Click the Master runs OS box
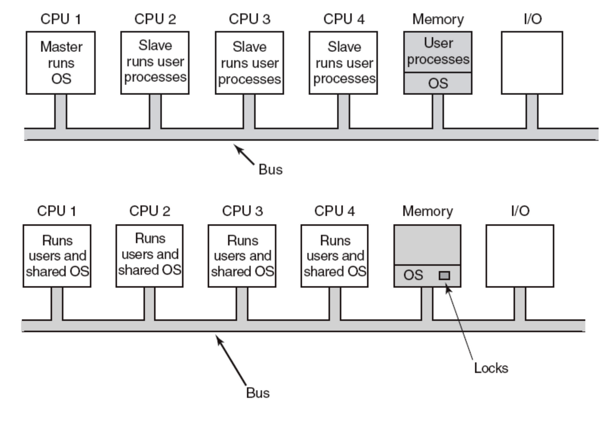point(60,63)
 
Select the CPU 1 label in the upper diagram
point(61,20)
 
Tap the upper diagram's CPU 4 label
point(344,20)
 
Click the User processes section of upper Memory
point(438,51)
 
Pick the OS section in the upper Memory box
point(438,83)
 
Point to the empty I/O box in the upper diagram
point(532,62)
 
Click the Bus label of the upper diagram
point(270,170)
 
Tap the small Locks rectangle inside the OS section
point(444,275)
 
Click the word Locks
point(491,368)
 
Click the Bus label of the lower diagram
point(257,392)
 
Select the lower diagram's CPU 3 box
point(242,256)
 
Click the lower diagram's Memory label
point(427,211)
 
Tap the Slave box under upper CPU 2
point(155,62)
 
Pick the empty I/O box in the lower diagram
point(519,256)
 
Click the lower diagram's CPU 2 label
point(150,211)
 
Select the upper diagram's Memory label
point(438,20)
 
